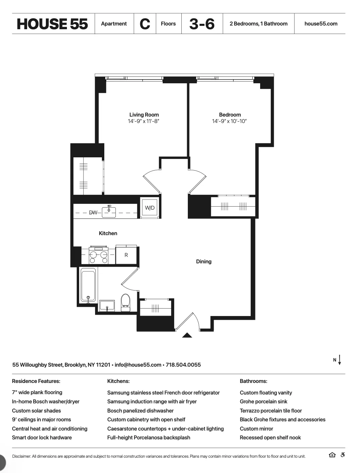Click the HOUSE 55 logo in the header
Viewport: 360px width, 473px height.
pyautogui.click(x=52, y=24)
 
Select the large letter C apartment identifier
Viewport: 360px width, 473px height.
pyautogui.click(x=145, y=24)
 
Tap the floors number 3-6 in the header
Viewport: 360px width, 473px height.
pyautogui.click(x=202, y=24)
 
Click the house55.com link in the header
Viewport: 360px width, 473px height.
pyautogui.click(x=321, y=24)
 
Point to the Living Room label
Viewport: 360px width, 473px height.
pyautogui.click(x=144, y=115)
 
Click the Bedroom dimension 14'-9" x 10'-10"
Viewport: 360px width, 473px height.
pyautogui.click(x=229, y=121)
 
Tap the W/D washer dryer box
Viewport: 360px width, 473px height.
pyautogui.click(x=150, y=208)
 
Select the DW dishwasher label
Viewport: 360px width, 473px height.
pyautogui.click(x=93, y=213)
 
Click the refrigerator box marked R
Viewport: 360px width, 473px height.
pyautogui.click(x=126, y=255)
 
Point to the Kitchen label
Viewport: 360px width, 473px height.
pyautogui.click(x=108, y=233)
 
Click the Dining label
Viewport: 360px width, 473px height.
pyautogui.click(x=204, y=262)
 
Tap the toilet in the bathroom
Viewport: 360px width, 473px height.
pyautogui.click(x=125, y=303)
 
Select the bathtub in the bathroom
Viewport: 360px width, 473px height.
pyautogui.click(x=88, y=285)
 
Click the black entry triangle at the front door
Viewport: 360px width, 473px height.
pyautogui.click(x=187, y=335)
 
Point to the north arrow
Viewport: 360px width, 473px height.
pyautogui.click(x=339, y=360)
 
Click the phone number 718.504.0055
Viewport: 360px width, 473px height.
pyautogui.click(x=183, y=365)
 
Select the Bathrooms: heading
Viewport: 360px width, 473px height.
pyautogui.click(x=253, y=381)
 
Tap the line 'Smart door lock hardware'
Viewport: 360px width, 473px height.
pyautogui.click(x=42, y=438)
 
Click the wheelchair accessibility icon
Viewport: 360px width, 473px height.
pyautogui.click(x=343, y=455)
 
